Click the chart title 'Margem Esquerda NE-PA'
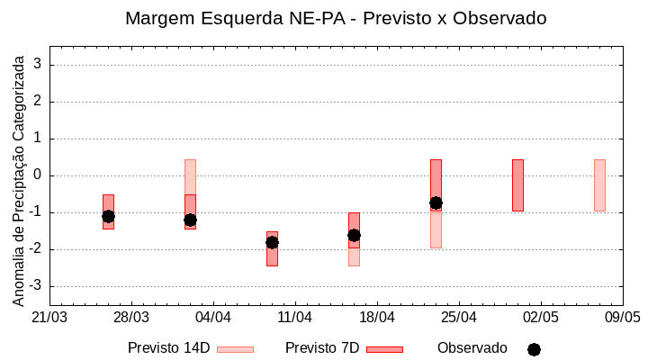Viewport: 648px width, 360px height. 336,18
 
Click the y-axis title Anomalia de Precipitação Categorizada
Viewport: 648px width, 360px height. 18,177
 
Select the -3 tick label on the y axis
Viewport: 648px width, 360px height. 37,286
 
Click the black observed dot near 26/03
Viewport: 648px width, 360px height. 108,216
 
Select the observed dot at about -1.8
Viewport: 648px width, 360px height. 272,242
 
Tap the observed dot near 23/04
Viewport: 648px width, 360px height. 436,202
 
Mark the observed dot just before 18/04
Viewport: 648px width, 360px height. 354,235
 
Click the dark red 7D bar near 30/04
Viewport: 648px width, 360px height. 517,185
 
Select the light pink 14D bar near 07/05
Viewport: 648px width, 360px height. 599,185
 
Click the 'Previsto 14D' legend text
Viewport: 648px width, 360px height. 168,348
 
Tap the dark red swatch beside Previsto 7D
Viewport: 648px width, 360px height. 384,349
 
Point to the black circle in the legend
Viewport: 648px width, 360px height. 534,349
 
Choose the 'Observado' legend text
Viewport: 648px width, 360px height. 472,348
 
